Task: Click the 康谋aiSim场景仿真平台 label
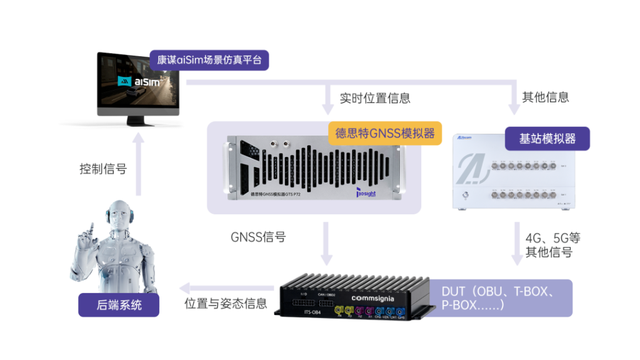pos(209,60)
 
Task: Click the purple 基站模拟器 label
pos(547,139)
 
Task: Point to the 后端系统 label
pos(119,305)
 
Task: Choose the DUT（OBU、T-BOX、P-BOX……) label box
pos(500,298)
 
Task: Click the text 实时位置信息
pos(375,97)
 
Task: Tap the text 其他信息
pos(545,97)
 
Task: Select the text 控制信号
pos(103,168)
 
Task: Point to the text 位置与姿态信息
pos(226,304)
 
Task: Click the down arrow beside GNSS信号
pos(327,244)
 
